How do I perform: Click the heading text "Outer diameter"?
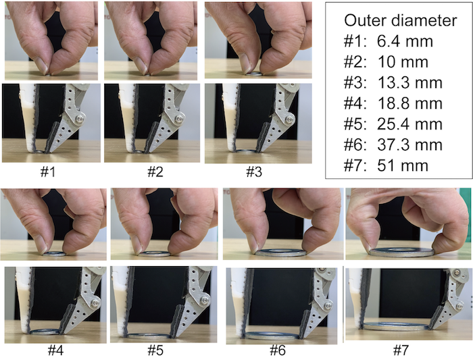tap(400, 20)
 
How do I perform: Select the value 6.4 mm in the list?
tap(405, 41)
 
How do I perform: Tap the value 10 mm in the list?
tap(403, 62)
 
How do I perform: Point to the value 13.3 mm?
tap(409, 83)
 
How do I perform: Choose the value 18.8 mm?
tap(409, 103)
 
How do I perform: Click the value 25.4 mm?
tap(409, 124)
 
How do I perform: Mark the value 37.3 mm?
tap(409, 145)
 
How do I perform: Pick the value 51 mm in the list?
tap(403, 166)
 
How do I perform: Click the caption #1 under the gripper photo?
tap(48, 172)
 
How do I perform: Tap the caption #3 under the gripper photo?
tap(254, 172)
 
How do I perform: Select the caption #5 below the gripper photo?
tap(155, 351)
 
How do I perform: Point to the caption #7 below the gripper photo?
tap(401, 351)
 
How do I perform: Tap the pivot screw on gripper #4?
tap(96, 303)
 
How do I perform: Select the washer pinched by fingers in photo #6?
tap(280, 253)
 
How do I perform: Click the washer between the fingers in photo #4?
tap(55, 253)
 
